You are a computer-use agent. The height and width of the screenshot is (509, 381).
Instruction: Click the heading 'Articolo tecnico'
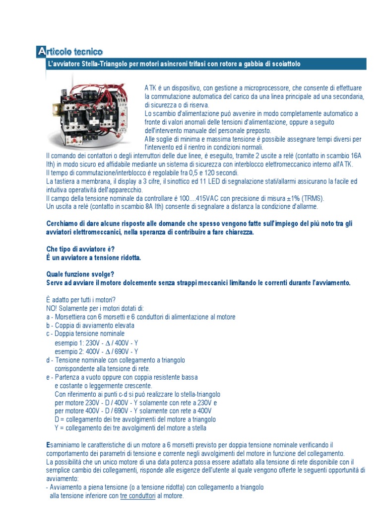click(x=70, y=51)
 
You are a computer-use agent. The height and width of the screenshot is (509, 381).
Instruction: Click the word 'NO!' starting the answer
click(x=52, y=308)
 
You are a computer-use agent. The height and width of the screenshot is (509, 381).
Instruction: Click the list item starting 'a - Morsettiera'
click(x=140, y=317)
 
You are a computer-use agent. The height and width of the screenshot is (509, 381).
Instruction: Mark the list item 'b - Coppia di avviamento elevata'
click(x=90, y=326)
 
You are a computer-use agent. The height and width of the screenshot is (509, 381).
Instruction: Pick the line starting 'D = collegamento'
click(x=135, y=420)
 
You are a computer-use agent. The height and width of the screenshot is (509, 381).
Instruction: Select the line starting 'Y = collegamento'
click(x=130, y=428)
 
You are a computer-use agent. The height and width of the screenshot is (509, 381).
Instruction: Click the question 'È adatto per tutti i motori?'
click(x=80, y=300)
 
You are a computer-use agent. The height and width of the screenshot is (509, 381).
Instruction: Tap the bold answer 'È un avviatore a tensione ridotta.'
click(x=93, y=257)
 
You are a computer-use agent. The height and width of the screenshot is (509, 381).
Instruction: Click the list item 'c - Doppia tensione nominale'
click(x=85, y=334)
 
